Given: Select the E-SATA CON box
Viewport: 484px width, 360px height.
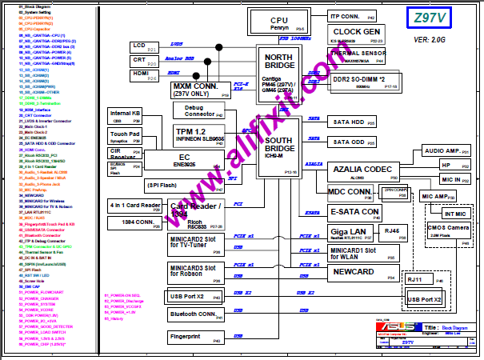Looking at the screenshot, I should point(354,212).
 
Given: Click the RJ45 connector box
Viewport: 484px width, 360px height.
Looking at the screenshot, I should point(392,232).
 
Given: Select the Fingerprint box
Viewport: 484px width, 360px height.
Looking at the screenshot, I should point(194,338).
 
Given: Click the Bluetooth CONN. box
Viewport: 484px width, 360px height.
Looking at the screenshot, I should point(194,315).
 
